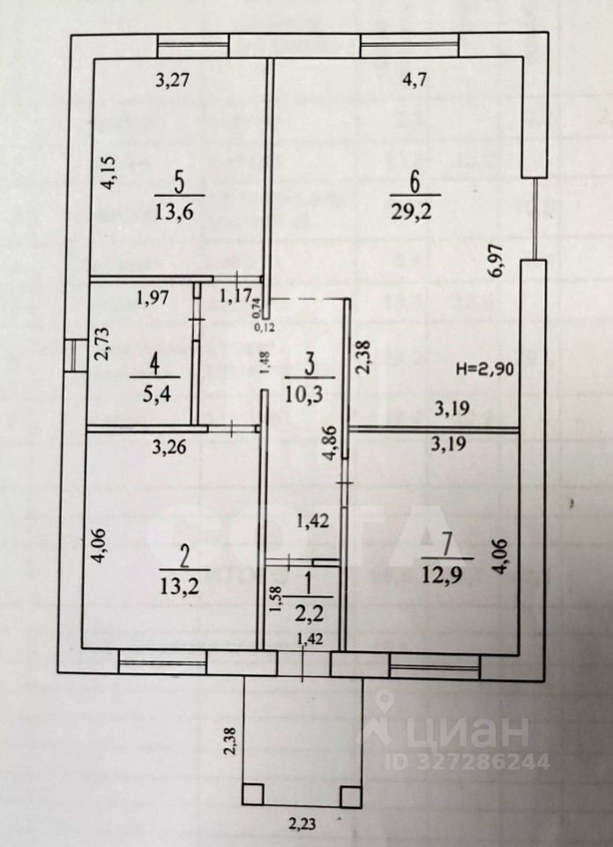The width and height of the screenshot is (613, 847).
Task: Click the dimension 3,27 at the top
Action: pyautogui.click(x=173, y=82)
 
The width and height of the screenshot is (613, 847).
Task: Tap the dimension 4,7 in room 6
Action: pyautogui.click(x=415, y=82)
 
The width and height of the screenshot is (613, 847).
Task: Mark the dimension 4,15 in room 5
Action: pyautogui.click(x=108, y=172)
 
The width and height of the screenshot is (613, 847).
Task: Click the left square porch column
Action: pyautogui.click(x=253, y=794)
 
